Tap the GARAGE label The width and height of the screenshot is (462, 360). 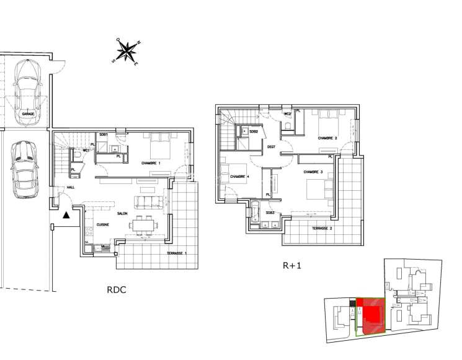point(28,114)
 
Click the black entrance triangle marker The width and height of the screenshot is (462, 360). point(66,215)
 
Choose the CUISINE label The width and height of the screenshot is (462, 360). point(102,224)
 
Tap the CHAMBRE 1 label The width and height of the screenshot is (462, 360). point(151,163)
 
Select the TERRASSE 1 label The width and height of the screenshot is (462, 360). point(176,255)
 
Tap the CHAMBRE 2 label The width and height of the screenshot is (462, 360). point(327,138)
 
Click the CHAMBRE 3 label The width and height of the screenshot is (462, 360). point(313,172)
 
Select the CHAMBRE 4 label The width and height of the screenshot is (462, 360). point(239,177)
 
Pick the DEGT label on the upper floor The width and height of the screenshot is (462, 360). point(271,147)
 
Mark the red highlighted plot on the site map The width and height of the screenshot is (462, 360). point(370,314)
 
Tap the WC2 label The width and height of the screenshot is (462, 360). point(288,115)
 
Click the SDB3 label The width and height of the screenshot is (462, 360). point(270,213)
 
